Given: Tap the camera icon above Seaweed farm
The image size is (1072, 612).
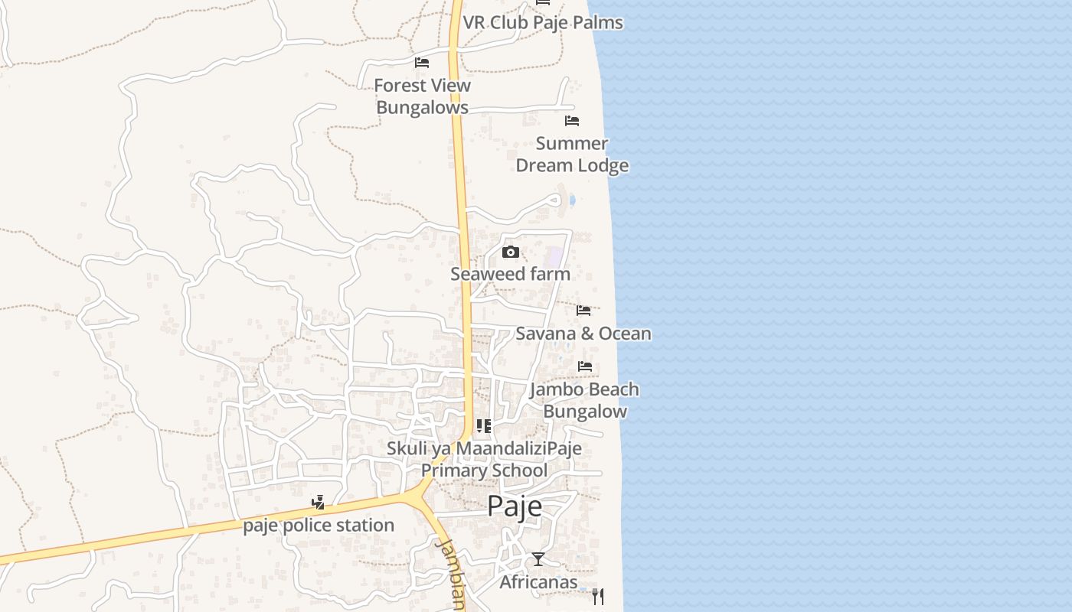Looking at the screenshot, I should click(511, 252).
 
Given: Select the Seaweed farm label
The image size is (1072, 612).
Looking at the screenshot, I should click(510, 274).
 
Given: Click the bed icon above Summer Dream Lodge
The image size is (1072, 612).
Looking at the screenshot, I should click(572, 121).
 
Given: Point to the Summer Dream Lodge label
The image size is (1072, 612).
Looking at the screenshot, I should click(572, 155).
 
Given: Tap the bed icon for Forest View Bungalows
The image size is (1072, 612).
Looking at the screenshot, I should click(422, 63).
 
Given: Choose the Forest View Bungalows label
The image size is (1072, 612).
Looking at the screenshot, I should click(422, 96).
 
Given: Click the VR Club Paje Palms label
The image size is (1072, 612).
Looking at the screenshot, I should click(543, 23).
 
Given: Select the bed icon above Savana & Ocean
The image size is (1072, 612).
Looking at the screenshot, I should click(583, 311).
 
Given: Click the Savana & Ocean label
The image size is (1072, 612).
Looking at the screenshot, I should click(583, 334).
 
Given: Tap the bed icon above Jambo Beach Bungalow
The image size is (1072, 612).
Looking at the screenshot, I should click(585, 366).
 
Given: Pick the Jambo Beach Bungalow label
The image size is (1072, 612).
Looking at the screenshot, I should click(585, 400).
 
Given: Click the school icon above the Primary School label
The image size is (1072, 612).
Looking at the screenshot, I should click(483, 426).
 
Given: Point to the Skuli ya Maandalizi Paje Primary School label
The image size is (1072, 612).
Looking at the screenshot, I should click(484, 459).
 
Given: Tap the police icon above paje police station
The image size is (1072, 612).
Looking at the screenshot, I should click(318, 503).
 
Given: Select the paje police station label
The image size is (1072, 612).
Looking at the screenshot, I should click(319, 526).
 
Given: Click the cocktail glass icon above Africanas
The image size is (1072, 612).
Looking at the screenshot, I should click(538, 560).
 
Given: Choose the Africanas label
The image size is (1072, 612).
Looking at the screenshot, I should click(538, 583).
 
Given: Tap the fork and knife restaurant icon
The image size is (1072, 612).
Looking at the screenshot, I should click(598, 597).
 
